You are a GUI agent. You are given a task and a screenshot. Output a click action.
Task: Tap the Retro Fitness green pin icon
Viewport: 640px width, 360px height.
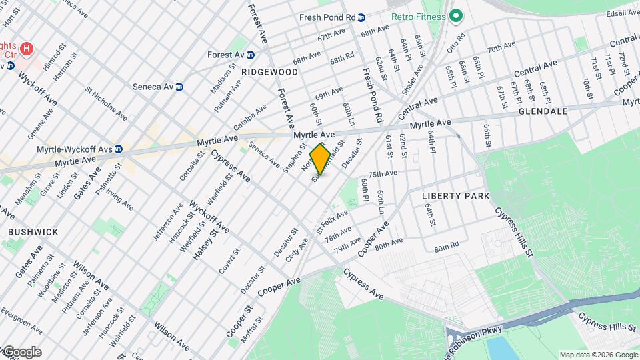456,15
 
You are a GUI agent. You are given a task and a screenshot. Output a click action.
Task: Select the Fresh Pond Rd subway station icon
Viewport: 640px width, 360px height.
361,17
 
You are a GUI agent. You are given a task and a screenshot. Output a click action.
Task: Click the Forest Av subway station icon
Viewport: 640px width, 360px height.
251,55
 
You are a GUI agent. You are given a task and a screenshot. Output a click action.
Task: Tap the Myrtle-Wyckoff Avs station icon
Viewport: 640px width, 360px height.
118,149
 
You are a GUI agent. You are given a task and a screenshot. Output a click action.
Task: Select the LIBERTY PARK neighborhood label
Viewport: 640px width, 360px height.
455,196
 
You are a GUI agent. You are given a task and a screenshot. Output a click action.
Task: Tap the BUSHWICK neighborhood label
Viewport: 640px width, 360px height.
33,231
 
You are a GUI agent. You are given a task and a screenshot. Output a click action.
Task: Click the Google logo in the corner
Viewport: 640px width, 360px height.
21,351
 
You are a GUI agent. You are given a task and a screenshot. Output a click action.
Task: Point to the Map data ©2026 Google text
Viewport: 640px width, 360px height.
598,355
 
